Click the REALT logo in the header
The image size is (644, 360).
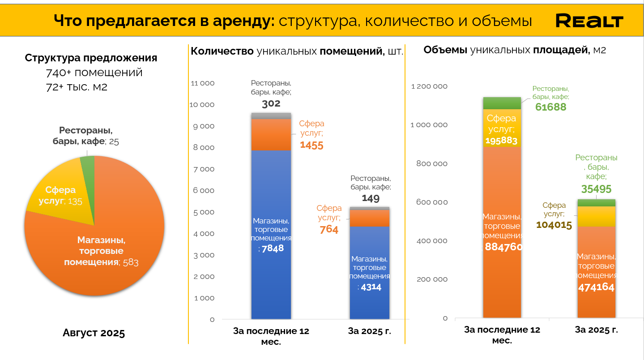[x=589, y=21]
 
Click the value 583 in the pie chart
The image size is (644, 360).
[x=131, y=262]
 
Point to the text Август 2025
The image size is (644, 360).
[x=94, y=333]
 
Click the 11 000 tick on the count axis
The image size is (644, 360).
[x=203, y=83]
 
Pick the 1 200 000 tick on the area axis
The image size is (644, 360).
[x=429, y=86]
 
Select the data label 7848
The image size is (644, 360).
[x=273, y=248]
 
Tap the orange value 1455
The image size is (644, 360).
[x=311, y=145]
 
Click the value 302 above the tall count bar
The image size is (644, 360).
[x=271, y=104]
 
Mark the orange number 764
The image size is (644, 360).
[x=329, y=230]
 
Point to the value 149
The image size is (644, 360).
[x=371, y=198]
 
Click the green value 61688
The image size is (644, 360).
[x=550, y=107]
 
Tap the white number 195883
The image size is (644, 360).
[x=502, y=141]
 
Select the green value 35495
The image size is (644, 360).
[x=596, y=189]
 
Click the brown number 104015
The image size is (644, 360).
[x=554, y=225]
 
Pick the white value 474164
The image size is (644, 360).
[x=596, y=287]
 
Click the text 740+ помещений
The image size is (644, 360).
[x=94, y=73]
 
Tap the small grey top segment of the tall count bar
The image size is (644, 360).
[x=271, y=116]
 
